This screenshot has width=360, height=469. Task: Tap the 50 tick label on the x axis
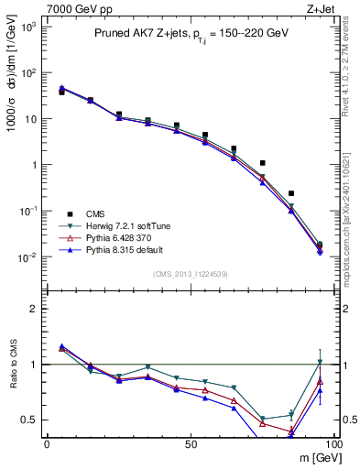coord(191,443)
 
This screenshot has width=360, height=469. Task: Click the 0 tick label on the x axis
coord(47,443)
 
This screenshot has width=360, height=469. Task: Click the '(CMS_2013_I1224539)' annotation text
coord(190,273)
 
